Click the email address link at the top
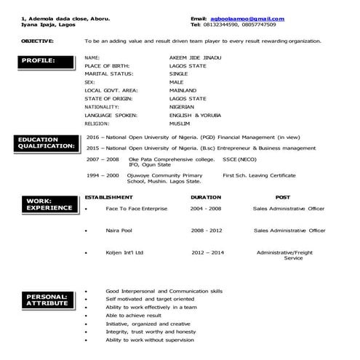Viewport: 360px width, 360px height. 248,18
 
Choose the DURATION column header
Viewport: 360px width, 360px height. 206,197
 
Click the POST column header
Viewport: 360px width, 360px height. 283,197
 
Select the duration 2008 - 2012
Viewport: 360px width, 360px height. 207,230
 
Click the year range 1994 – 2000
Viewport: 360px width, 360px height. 103,175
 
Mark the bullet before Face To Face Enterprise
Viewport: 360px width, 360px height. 87,209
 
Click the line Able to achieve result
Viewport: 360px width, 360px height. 134,315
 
